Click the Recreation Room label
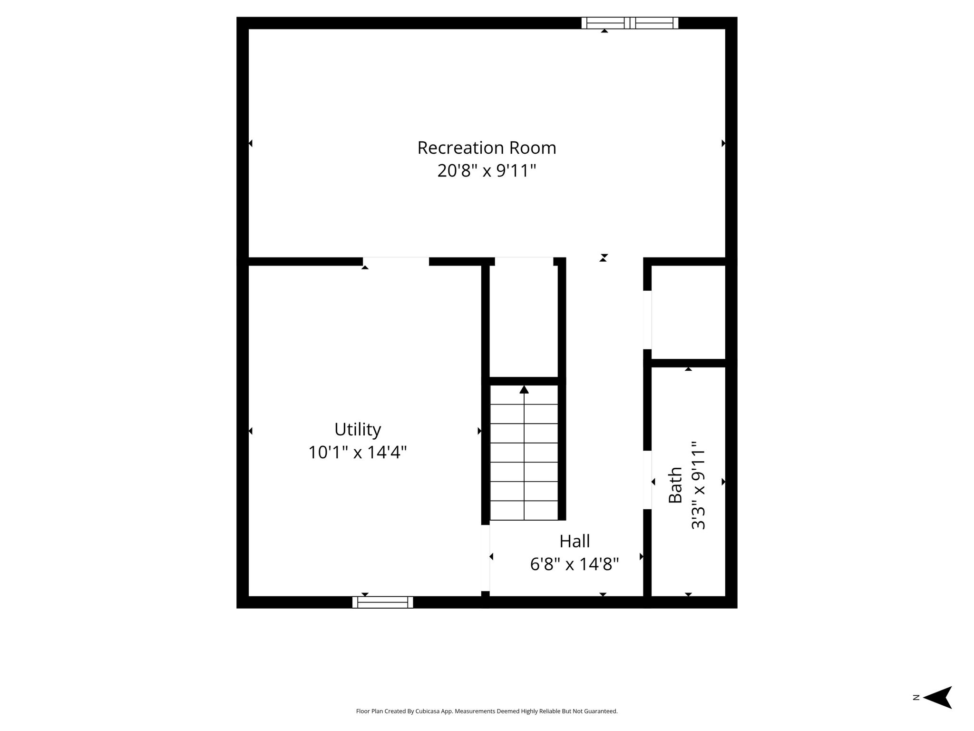487,148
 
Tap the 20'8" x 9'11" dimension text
487,170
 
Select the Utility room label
358,430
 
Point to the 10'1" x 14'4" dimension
358,452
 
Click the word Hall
575,541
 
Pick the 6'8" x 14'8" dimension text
575,564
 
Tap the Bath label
675,485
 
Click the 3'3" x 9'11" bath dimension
698,485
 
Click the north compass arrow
937,711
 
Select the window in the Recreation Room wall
630,23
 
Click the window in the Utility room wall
383,602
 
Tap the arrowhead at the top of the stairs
524,390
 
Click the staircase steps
524,452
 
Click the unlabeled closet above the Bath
688,312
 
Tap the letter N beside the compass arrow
916,711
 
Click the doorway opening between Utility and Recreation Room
396,261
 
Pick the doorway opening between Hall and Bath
647,480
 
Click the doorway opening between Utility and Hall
486,558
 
